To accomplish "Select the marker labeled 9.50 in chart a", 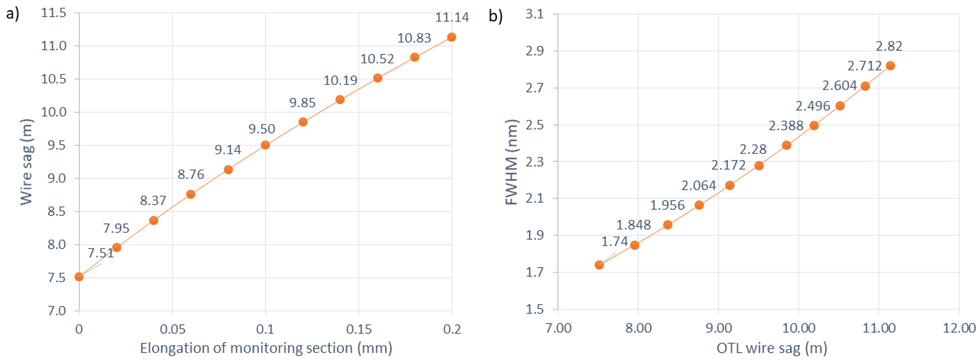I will pyautogui.click(x=265, y=145).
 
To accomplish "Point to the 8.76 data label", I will pyautogui.click(x=191, y=174).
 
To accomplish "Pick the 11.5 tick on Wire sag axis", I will pyautogui.click(x=54, y=13).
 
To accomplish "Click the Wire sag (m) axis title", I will pyautogui.click(x=27, y=162).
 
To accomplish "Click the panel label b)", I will pyautogui.click(x=495, y=16).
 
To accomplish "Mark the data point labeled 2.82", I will pyautogui.click(x=890, y=66).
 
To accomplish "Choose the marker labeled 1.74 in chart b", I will pyautogui.click(x=599, y=265).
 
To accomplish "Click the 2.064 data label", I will pyautogui.click(x=699, y=185).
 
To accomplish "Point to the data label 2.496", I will pyautogui.click(x=813, y=106).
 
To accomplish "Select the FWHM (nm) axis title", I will pyautogui.click(x=512, y=162).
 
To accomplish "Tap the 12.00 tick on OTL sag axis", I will pyautogui.click(x=959, y=328).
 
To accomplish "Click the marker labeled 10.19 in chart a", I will pyautogui.click(x=340, y=100).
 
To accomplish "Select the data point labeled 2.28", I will pyautogui.click(x=759, y=166).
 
